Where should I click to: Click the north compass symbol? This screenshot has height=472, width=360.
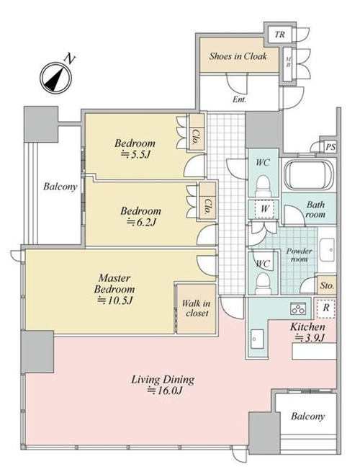[x=56, y=78]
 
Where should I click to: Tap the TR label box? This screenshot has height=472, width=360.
[x=279, y=35]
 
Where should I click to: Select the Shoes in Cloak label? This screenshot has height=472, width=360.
[x=238, y=56]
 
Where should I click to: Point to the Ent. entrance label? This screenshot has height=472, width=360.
[x=239, y=99]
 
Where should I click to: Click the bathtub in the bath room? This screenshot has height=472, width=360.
[x=309, y=175]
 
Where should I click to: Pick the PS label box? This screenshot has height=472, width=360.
[x=330, y=147]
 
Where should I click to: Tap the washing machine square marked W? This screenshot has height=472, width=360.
[x=264, y=209]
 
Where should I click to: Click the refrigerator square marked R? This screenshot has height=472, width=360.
[x=326, y=308]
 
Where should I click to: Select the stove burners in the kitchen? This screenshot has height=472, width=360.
[x=298, y=308]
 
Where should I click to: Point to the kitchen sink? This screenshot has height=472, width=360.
[x=257, y=339]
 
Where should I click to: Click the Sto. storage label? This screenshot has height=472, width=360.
[x=327, y=285]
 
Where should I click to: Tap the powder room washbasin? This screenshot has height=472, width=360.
[x=327, y=250]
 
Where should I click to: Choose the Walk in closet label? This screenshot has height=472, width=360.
[x=197, y=308]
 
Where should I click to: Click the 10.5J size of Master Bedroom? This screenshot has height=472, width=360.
[x=115, y=300]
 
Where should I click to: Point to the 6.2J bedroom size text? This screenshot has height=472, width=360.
[x=141, y=222]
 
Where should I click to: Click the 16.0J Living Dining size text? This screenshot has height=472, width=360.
[x=165, y=391]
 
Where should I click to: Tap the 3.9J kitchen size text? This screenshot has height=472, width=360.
[x=310, y=338]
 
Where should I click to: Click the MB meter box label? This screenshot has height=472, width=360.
[x=288, y=62]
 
